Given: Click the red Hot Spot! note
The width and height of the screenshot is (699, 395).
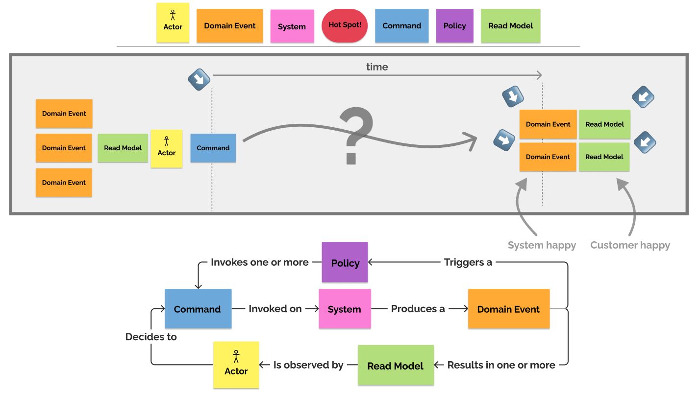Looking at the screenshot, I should pos(345,25).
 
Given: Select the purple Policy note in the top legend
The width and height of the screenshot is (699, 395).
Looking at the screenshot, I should pos(454,26).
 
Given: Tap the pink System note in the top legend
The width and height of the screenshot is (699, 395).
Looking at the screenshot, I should pos(292,26).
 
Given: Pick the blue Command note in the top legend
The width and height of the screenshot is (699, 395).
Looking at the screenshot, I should pos(401,26).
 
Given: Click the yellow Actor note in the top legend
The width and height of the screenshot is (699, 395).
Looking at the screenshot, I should pos(173,23).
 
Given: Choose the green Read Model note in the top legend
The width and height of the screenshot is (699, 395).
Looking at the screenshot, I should pos(510,26).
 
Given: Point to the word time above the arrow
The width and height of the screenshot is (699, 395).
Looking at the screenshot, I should pos(377,67).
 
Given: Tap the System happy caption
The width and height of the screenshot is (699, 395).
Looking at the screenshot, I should pos(542,245).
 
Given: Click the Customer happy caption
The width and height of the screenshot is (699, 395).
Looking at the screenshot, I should pos(630,245).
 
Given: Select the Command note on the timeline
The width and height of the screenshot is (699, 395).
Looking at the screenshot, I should pos(213,148).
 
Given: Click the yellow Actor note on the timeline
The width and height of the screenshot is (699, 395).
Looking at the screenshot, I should pos(166,148).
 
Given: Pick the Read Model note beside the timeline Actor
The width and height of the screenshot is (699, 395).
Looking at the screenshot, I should pos(123,148).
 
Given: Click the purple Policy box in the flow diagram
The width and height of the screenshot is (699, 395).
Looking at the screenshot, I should pos(345,262).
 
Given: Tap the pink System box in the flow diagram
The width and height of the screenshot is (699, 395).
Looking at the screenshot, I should pos(345,309).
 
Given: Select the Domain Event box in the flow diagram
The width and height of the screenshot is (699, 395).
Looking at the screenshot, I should pos(508,309).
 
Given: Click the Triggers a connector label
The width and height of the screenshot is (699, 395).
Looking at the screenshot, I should pos(468,262).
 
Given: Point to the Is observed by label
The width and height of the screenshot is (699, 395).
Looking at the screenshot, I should pos(308,365).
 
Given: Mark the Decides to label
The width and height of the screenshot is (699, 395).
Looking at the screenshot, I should pos(151,337).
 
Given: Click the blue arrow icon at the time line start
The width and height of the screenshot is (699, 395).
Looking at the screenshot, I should pos(199,80).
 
